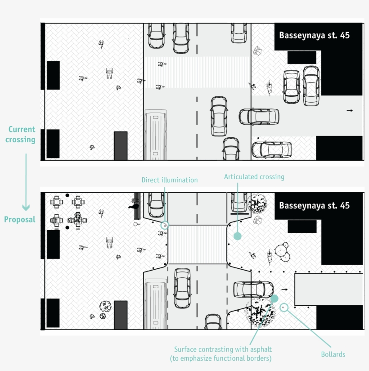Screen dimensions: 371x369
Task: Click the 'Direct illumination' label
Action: coord(170,180)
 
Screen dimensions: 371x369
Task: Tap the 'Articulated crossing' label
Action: coord(254,177)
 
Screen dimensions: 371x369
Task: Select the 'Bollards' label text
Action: coord(333,354)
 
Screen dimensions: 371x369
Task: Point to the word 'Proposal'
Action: coord(19,220)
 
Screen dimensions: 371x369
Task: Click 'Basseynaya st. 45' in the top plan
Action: coord(314,35)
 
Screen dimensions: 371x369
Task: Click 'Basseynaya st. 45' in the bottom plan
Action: coord(314,206)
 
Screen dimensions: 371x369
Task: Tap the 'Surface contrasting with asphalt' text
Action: coord(223,349)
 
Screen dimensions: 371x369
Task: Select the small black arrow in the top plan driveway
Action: coord(350,110)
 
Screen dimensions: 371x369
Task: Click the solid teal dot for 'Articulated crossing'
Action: coord(237,236)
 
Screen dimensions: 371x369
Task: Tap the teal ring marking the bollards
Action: coord(284,308)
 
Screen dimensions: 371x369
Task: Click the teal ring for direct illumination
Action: coord(165,225)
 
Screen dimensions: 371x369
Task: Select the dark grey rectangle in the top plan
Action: coord(121,145)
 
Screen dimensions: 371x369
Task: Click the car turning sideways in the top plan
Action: coord(259,117)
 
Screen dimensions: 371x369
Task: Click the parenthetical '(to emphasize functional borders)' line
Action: coord(221,358)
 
